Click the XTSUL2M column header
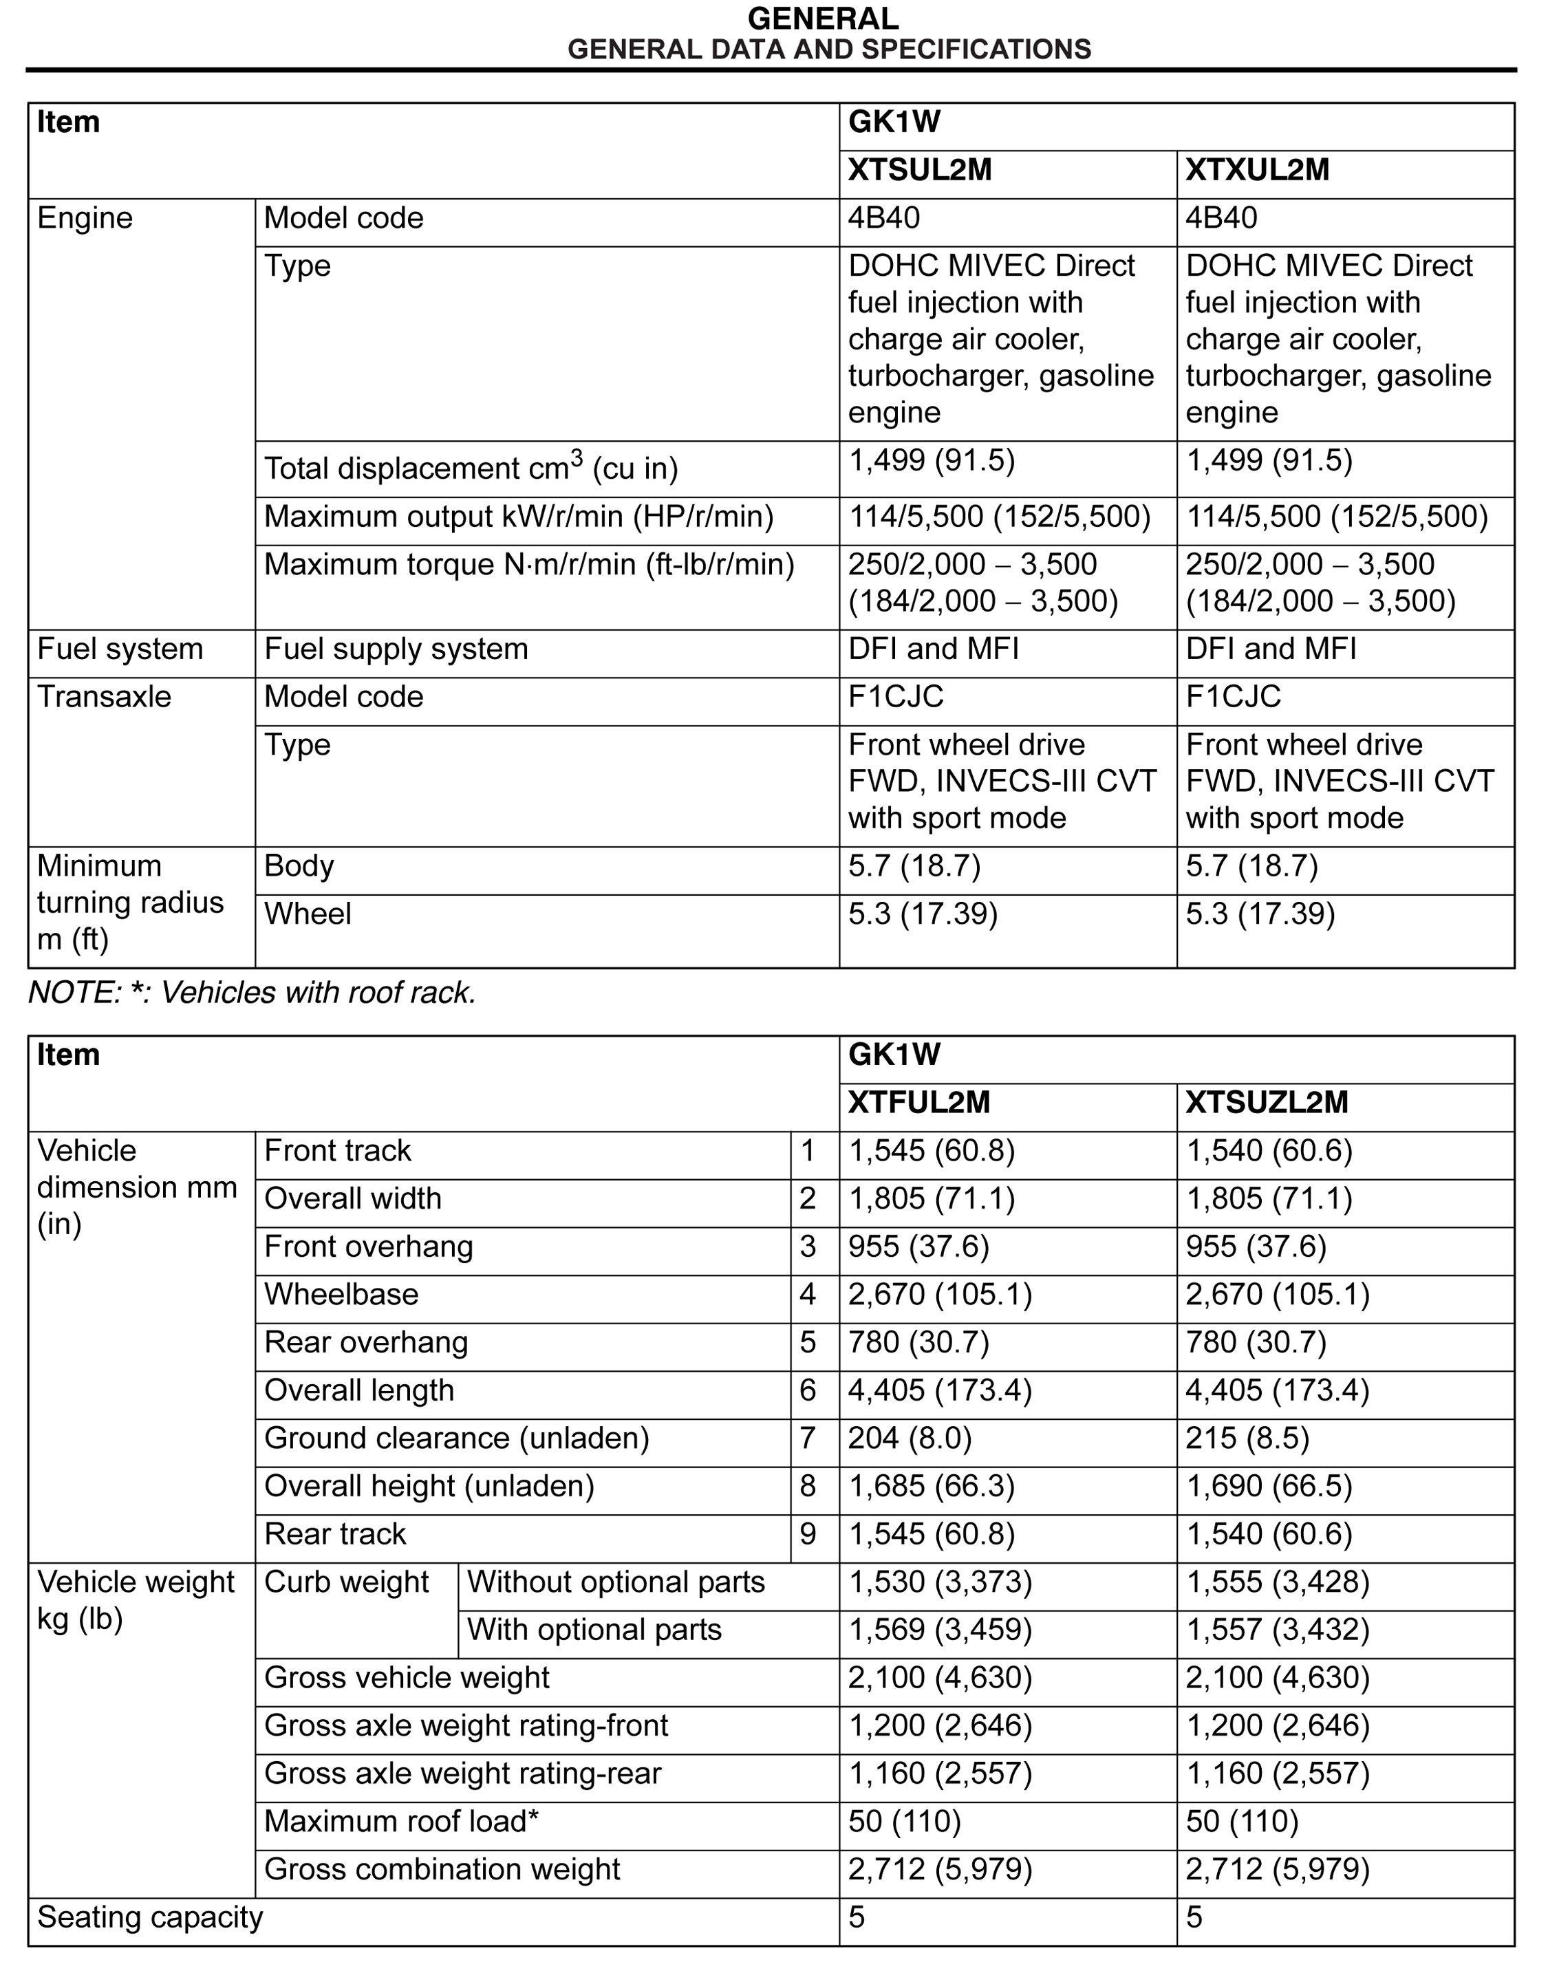[920, 171]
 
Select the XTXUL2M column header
[1257, 171]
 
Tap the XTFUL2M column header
[919, 1102]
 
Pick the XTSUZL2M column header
[1267, 1102]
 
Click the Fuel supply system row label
[396, 649]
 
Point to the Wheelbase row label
[342, 1294]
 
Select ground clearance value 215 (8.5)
[1247, 1438]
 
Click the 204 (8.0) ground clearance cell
[909, 1438]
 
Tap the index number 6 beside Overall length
[808, 1390]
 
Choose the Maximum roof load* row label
[402, 1822]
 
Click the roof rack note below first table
[252, 993]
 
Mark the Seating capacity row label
[151, 1917]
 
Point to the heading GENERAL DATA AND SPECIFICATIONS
[828, 49]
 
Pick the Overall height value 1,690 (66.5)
[1269, 1486]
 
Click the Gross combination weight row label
[442, 1870]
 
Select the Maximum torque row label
[529, 565]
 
